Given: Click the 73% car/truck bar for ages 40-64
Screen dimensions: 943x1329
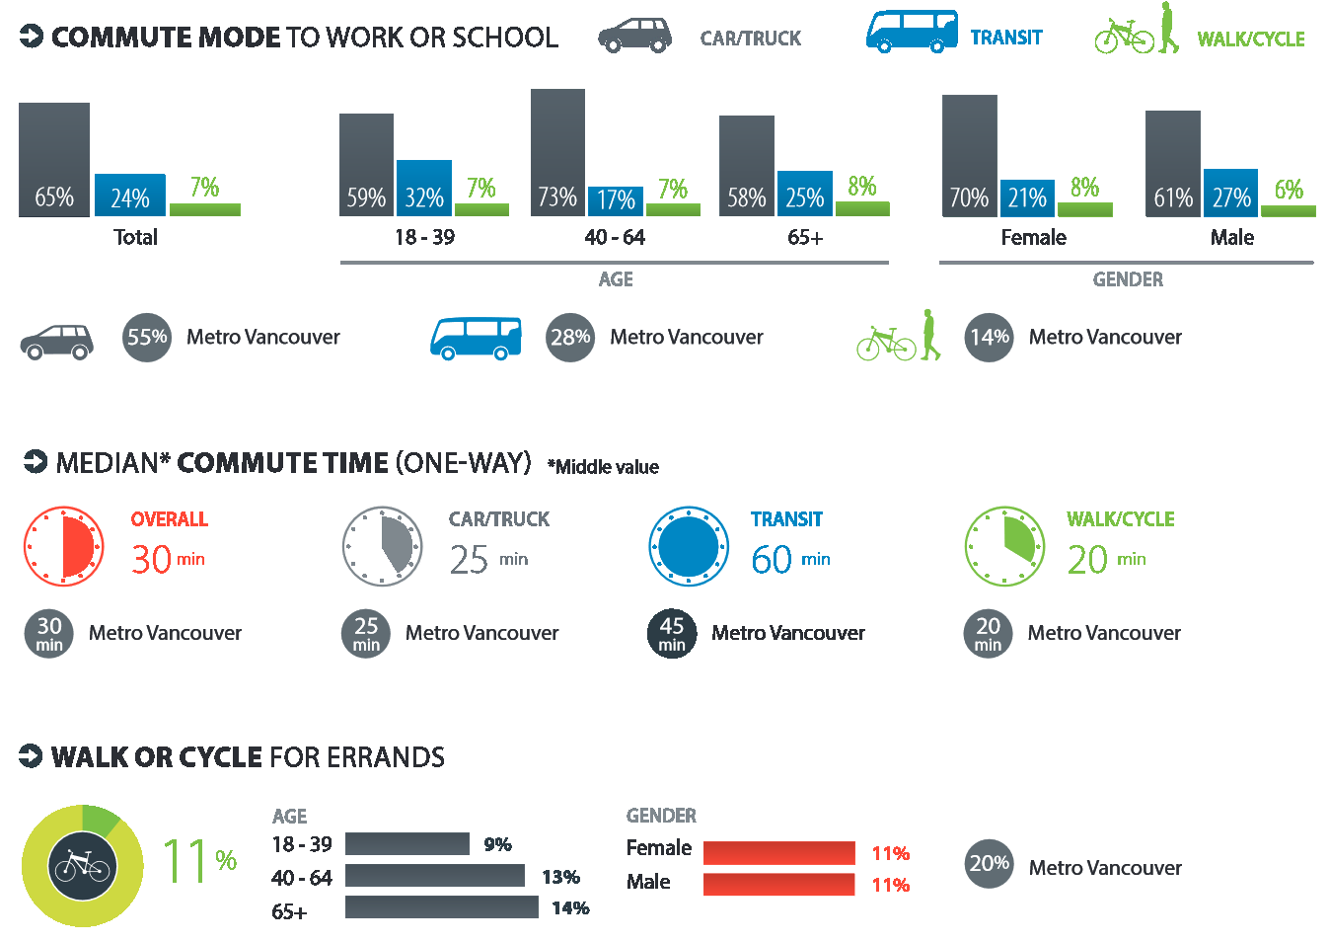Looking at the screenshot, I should click(557, 153).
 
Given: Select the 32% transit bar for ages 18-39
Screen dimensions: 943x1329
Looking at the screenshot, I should click(424, 188).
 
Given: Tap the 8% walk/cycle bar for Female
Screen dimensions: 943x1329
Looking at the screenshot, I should click(1084, 209).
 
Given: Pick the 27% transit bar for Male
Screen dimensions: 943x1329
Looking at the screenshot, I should click(1230, 193).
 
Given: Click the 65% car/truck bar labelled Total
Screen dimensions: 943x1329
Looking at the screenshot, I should click(54, 160).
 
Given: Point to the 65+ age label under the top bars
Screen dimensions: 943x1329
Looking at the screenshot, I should click(805, 237).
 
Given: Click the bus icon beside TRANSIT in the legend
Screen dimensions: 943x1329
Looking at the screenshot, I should click(912, 32).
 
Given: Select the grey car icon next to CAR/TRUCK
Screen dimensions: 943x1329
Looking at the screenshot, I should click(634, 36).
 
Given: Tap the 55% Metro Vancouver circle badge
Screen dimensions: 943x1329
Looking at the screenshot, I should click(147, 337).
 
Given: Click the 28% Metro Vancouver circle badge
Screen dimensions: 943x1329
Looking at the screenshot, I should click(570, 337).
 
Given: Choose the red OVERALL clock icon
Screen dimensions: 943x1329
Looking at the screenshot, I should click(64, 546).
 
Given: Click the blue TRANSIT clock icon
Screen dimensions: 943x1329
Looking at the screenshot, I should click(689, 546).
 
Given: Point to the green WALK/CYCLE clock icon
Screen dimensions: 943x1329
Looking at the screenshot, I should click(1004, 546).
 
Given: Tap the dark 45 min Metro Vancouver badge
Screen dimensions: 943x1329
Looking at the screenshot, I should click(672, 633).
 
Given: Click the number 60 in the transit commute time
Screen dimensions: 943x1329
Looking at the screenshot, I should click(772, 560).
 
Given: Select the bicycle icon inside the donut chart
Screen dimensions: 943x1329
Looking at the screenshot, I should click(82, 866).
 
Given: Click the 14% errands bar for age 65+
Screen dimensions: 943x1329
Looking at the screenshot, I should click(441, 906).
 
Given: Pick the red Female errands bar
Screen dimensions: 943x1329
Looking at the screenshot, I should click(778, 852).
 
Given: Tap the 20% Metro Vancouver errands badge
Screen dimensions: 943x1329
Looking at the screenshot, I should click(989, 864).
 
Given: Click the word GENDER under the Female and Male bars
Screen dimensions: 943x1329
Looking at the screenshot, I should click(1127, 279).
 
